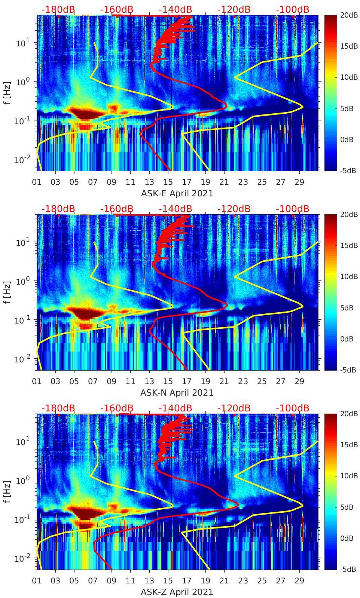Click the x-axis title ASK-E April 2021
(x=177, y=193)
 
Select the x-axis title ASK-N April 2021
(x=177, y=393)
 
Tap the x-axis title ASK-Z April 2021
(x=177, y=592)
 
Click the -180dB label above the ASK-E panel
(x=58, y=9)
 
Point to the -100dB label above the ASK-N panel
(x=292, y=209)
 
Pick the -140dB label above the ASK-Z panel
(x=175, y=408)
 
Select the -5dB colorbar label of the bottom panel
(x=348, y=570)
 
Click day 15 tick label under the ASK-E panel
(x=168, y=182)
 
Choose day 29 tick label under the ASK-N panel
(x=299, y=381)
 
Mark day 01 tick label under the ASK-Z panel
(x=37, y=581)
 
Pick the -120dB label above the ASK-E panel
(x=234, y=9)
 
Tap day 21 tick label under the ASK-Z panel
(x=224, y=581)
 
